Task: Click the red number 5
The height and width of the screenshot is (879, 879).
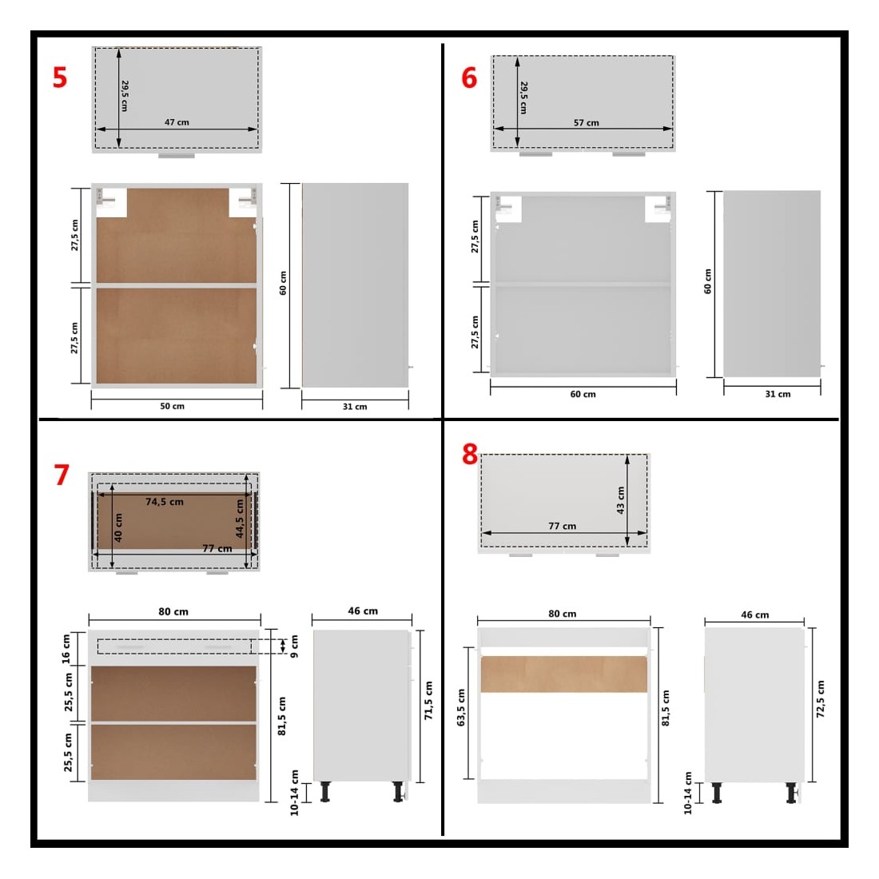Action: click(x=60, y=78)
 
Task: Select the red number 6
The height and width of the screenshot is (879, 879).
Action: click(x=469, y=78)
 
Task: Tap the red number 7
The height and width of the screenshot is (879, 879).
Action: click(x=62, y=475)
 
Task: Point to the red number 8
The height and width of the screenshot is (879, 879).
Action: click(x=470, y=454)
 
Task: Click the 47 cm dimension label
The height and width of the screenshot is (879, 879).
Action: click(x=177, y=122)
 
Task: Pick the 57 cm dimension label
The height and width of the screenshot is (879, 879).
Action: click(x=586, y=123)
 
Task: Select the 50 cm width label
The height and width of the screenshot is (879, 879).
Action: click(x=172, y=406)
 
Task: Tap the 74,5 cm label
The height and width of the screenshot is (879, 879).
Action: click(x=165, y=502)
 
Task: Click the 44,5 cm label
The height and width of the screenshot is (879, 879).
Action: click(x=240, y=519)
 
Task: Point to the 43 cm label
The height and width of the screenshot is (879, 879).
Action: click(x=620, y=500)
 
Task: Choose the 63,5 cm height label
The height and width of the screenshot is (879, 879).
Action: click(x=461, y=708)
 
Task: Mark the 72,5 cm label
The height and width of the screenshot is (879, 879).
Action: click(x=821, y=699)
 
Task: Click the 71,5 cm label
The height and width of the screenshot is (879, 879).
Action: click(x=429, y=701)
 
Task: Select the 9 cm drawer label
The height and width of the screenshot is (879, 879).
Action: click(x=294, y=646)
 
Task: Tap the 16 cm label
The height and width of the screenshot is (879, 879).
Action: click(x=66, y=649)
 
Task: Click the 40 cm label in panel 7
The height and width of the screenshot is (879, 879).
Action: click(x=118, y=527)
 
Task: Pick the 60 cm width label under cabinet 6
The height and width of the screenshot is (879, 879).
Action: click(x=583, y=394)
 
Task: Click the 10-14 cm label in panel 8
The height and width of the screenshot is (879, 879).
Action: click(x=688, y=793)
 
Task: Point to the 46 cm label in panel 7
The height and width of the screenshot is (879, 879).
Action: click(x=363, y=611)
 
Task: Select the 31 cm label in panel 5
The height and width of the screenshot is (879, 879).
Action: click(x=355, y=407)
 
